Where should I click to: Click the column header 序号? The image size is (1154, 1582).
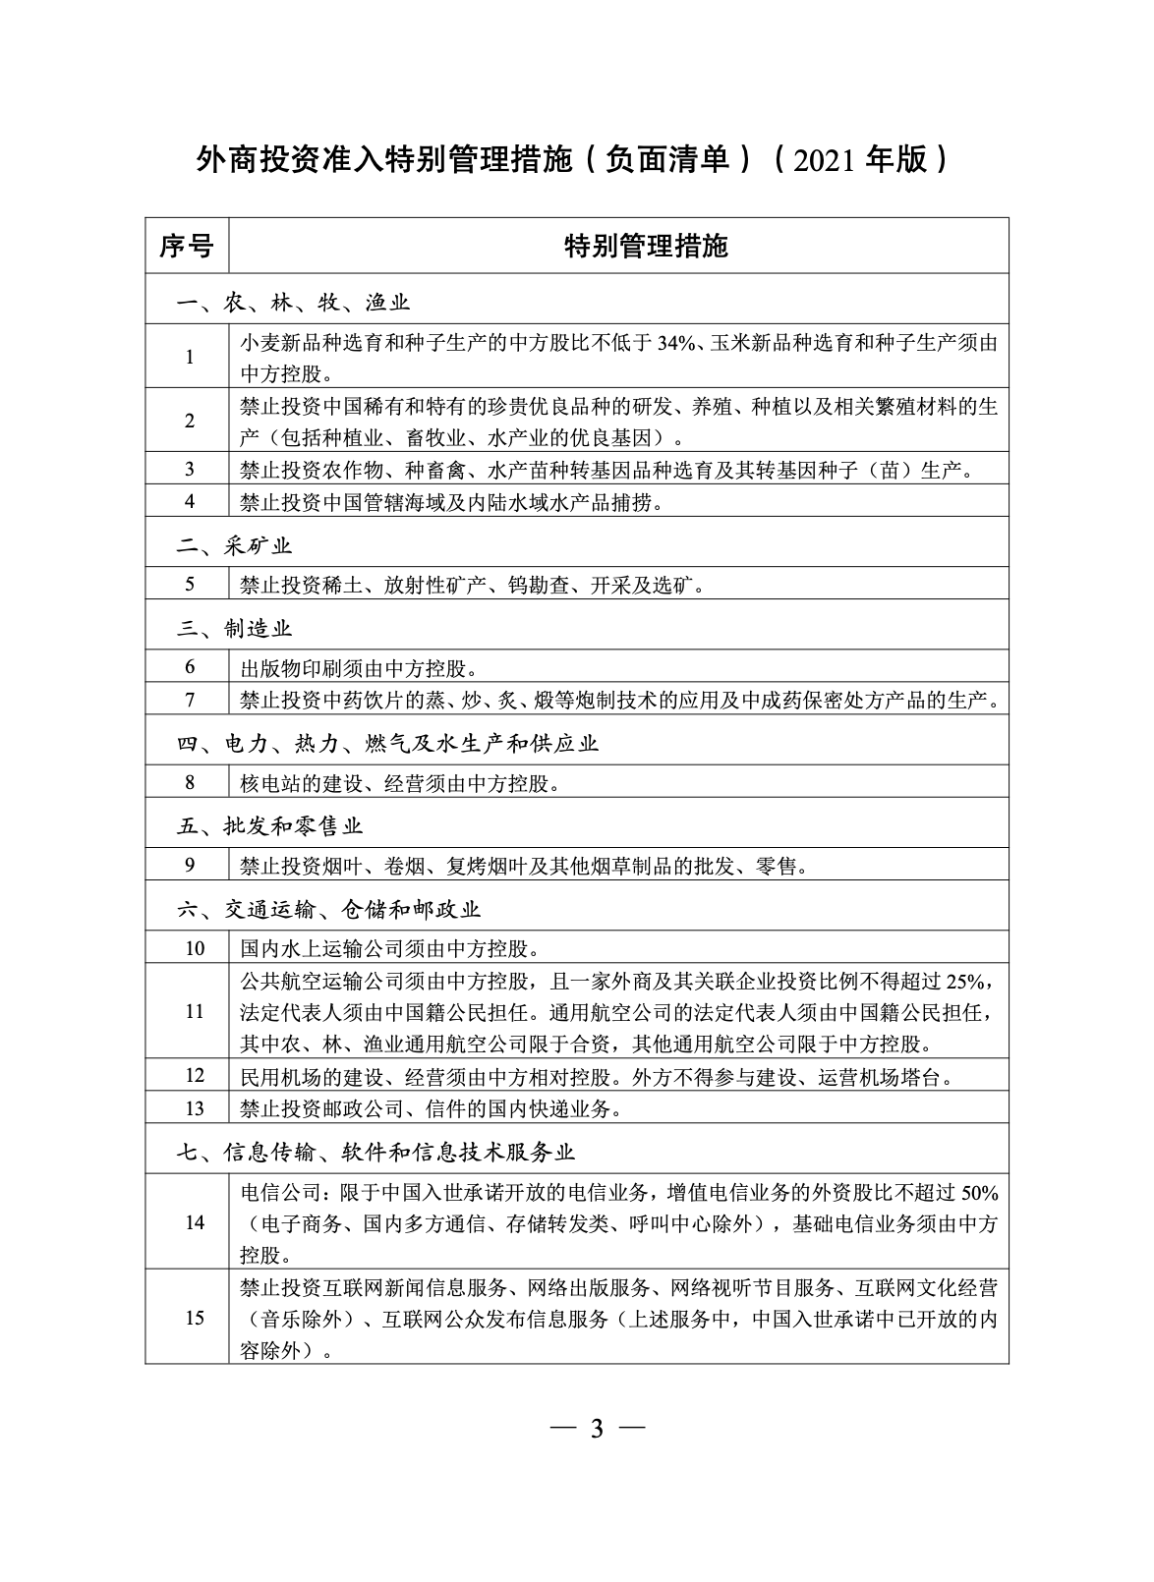[x=186, y=246]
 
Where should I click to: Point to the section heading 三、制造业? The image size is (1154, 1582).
[x=235, y=628]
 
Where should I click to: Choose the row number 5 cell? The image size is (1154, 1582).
[x=190, y=585]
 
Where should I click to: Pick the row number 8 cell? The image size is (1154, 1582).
[x=190, y=783]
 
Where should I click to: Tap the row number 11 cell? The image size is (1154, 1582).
[x=194, y=1011]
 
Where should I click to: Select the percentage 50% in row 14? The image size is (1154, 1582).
[x=979, y=1193]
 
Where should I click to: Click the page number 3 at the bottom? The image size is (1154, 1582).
[x=595, y=1428]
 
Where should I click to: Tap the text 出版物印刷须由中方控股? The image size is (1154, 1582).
[x=359, y=669]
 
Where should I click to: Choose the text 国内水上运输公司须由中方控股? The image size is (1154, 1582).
[x=388, y=949]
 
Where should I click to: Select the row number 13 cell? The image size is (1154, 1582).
[x=194, y=1108]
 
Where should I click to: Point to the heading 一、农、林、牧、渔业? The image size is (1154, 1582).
[x=294, y=303]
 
